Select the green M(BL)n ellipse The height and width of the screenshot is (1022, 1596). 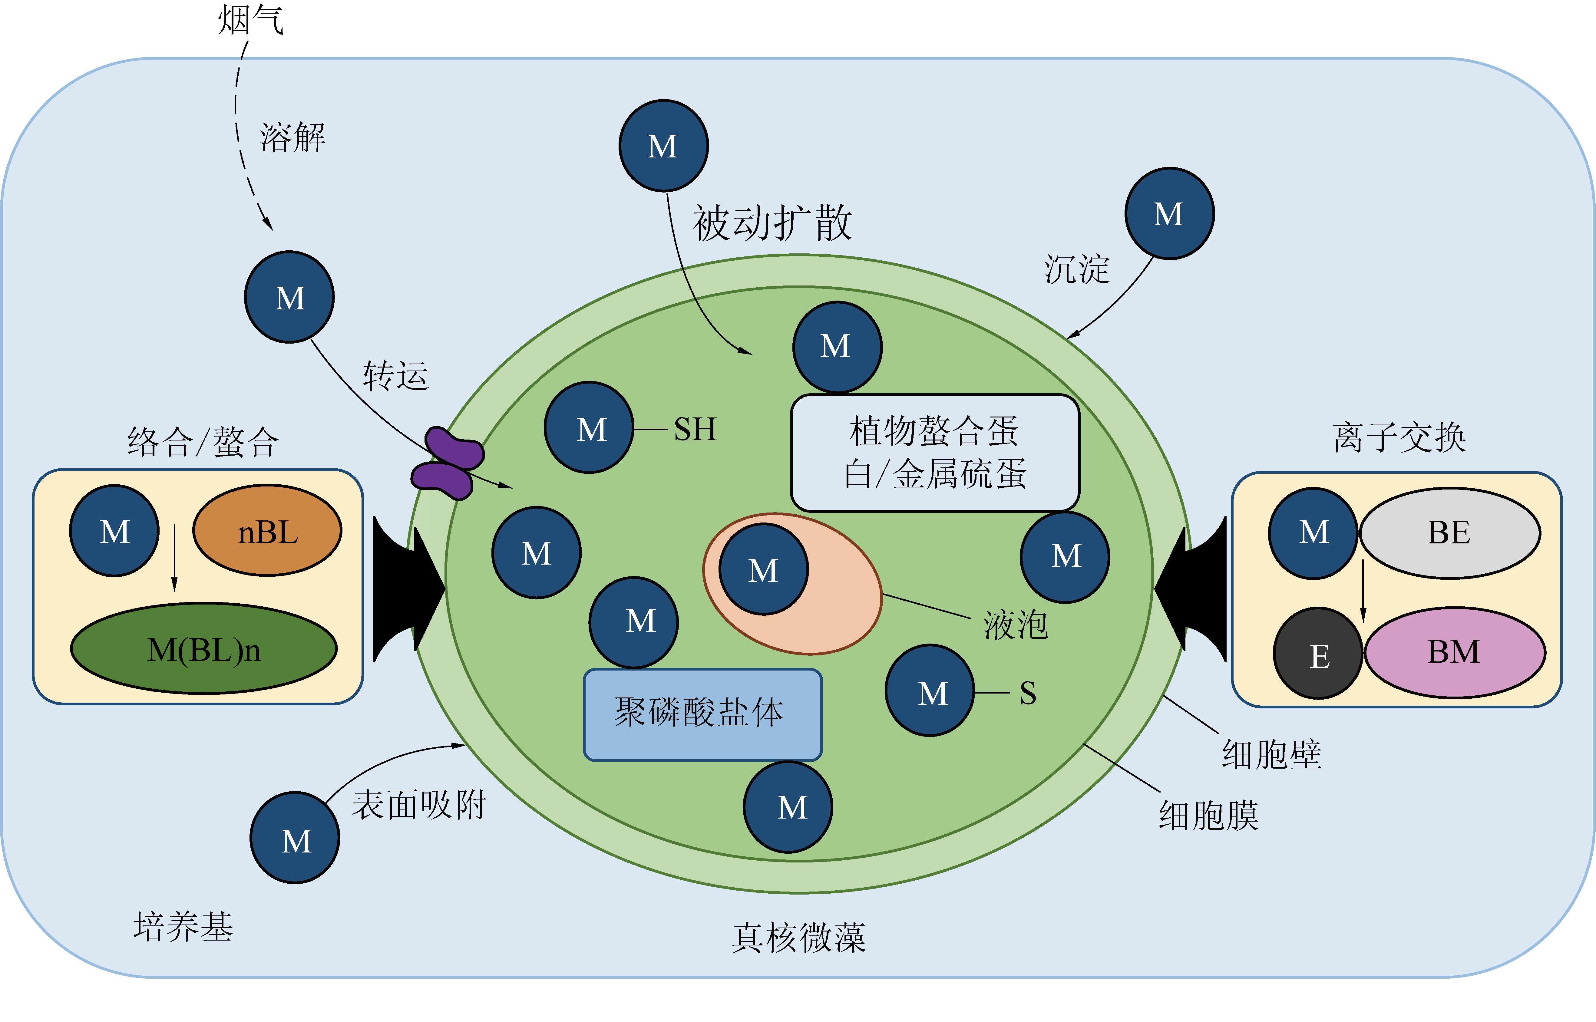[204, 648]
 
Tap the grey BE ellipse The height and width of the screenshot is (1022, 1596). [1450, 533]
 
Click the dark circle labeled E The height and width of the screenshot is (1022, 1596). [1318, 654]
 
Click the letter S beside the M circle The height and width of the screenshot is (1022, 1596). [1028, 694]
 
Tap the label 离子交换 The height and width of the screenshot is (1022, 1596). [1399, 438]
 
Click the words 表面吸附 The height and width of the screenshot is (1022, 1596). [419, 805]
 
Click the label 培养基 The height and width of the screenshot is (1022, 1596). [183, 926]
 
